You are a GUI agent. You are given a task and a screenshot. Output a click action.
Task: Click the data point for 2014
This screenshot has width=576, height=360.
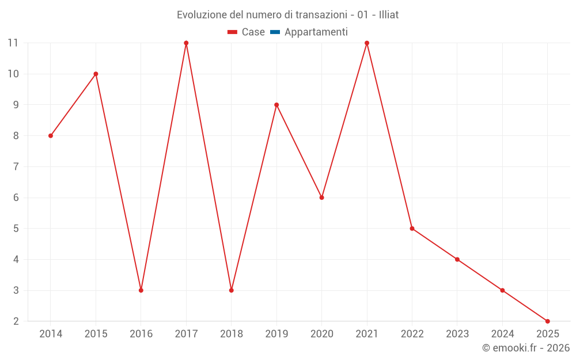[x=51, y=136]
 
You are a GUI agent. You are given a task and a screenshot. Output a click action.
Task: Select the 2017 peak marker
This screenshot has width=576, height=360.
[x=186, y=43]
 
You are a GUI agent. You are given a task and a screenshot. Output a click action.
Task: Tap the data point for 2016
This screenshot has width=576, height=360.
[x=141, y=290]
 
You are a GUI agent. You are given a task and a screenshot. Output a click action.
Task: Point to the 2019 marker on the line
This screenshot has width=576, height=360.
[x=276, y=105]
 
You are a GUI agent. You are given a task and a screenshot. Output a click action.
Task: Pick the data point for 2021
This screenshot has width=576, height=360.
[x=367, y=43]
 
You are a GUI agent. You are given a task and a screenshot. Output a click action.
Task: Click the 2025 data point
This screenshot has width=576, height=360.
[x=547, y=321]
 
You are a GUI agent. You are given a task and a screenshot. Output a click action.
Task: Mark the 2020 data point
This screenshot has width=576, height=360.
[x=322, y=198]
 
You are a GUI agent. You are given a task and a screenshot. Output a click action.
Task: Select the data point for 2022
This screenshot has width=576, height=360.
[x=412, y=229]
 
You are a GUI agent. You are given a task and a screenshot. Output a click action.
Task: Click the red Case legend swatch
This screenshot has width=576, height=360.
[x=233, y=32]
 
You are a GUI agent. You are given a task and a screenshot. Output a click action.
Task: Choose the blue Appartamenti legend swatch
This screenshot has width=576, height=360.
[x=275, y=32]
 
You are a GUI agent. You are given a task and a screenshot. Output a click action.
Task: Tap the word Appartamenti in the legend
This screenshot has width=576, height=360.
[x=316, y=32]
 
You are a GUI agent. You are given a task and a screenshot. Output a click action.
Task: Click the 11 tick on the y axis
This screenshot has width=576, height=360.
[x=13, y=43]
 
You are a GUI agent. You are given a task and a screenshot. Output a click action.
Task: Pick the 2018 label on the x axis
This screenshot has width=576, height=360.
[x=232, y=334]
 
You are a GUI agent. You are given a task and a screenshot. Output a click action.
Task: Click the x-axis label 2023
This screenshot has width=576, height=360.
[x=457, y=334]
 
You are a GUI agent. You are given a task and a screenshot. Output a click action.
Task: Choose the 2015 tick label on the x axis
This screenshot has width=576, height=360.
[x=96, y=334]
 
